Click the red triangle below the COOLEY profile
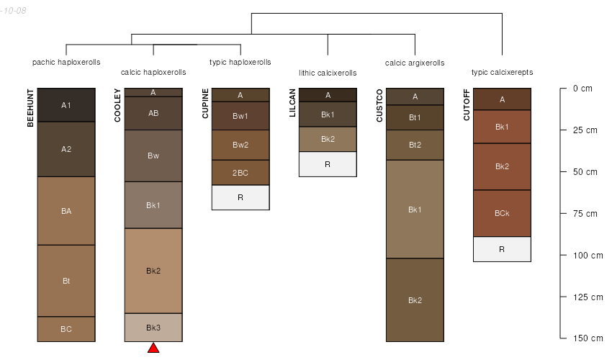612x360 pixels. (153, 348)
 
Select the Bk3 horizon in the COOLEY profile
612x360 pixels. (153, 328)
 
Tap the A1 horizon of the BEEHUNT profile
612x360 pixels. (66, 105)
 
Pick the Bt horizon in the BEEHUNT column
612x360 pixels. (66, 281)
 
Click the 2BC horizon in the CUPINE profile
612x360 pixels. (240, 173)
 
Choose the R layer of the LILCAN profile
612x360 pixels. (328, 164)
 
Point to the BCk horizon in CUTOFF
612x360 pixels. (502, 214)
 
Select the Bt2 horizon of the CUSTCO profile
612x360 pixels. (415, 145)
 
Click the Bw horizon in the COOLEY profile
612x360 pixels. (153, 156)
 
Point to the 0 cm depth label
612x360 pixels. (582, 89)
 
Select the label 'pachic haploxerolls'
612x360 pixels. (66, 63)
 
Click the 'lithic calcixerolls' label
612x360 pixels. (328, 73)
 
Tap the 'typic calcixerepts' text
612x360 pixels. (502, 73)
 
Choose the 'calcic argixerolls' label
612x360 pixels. (415, 63)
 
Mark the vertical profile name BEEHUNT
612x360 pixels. (30, 108)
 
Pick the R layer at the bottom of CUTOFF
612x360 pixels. (502, 249)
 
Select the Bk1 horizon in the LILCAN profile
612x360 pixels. (328, 115)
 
